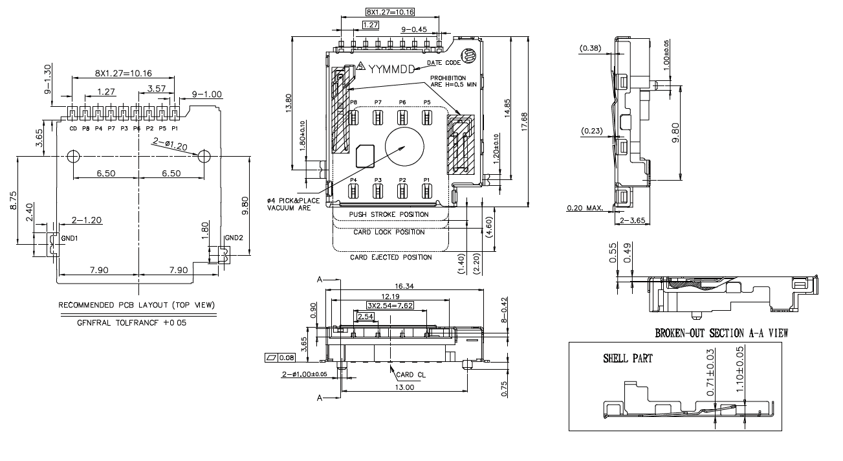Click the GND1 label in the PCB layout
[69, 238]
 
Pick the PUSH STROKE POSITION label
[389, 214]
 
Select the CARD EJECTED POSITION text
[391, 257]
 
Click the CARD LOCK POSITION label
[389, 232]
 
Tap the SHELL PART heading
[628, 358]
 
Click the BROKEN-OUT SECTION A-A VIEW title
[721, 333]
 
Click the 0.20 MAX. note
[585, 208]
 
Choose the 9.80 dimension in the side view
[675, 135]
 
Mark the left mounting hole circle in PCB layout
[73, 156]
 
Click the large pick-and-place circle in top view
[405, 146]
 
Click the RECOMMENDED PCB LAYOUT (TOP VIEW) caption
[137, 305]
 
